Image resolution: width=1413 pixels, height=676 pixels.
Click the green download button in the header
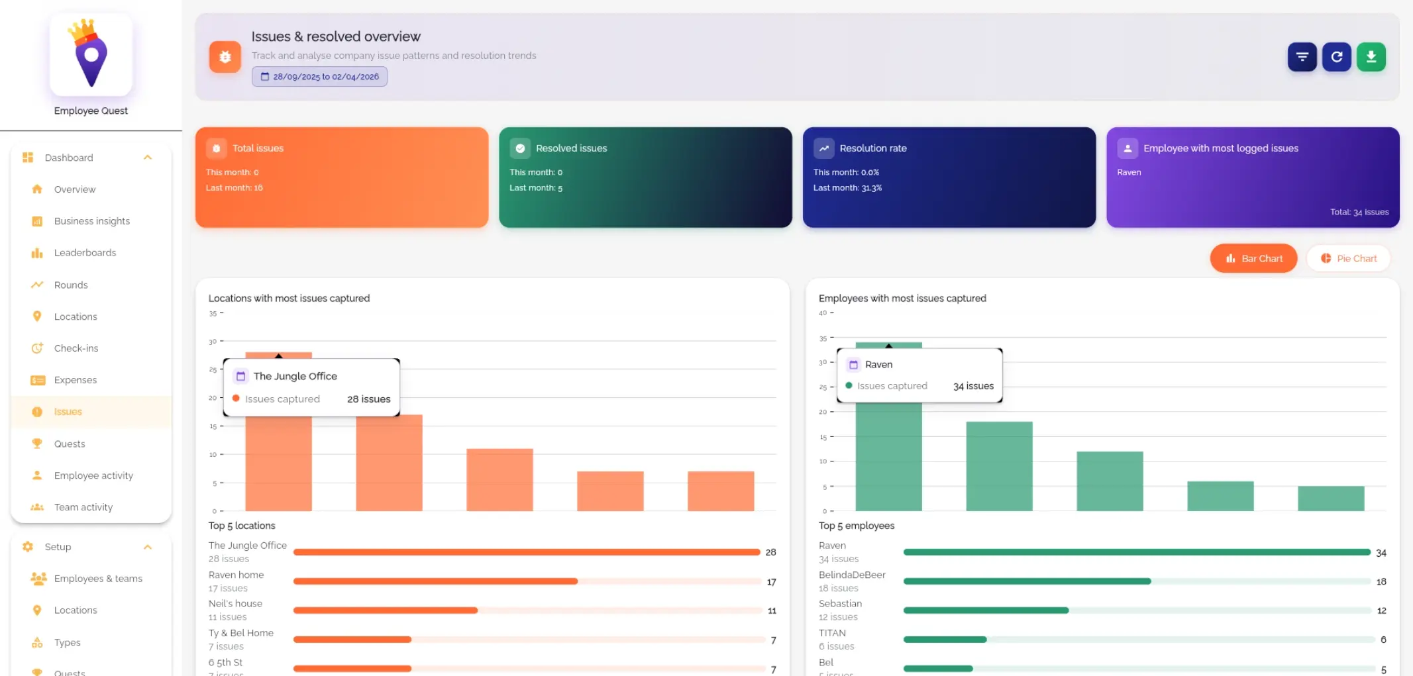click(1371, 57)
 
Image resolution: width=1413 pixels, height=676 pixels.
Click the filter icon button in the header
click(1302, 57)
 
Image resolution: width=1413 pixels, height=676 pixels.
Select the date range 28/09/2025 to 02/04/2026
click(319, 77)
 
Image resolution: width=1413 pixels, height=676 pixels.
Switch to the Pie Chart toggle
click(1348, 258)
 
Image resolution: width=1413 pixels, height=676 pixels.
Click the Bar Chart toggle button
click(1253, 258)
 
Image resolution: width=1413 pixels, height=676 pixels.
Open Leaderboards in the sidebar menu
click(85, 253)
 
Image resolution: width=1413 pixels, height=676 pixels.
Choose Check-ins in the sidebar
click(76, 348)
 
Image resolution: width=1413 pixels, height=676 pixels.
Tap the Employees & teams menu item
click(98, 579)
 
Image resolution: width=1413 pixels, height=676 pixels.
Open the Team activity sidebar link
click(83, 507)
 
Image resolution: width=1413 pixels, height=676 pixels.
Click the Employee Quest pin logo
click(91, 54)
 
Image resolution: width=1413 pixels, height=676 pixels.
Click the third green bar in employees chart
click(1110, 481)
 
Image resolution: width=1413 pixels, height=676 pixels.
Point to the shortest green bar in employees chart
click(1330, 498)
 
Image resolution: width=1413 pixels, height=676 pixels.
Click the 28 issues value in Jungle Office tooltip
click(368, 399)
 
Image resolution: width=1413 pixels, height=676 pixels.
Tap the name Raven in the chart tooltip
click(878, 365)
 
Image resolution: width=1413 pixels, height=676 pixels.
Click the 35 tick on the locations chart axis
click(213, 314)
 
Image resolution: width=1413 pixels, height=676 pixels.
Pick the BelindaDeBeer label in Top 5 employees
click(852, 575)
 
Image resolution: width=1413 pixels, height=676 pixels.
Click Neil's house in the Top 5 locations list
click(235, 604)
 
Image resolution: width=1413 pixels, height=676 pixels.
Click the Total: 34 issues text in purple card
click(1359, 212)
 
